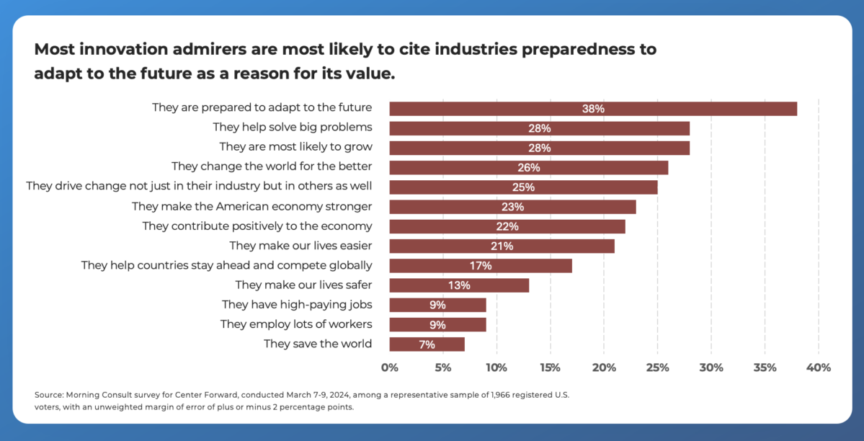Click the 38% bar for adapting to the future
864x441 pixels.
pos(593,109)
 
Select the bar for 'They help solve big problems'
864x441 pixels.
pos(539,128)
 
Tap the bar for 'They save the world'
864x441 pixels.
pos(427,344)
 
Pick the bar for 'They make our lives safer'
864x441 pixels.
pos(459,285)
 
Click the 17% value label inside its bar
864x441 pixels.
pos(481,266)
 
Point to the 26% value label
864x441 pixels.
pos(528,168)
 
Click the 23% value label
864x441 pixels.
pos(512,207)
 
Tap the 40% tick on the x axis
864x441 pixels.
pos(819,367)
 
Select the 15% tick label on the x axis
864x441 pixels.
pos(551,367)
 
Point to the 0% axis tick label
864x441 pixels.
pos(389,367)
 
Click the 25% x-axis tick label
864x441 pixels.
pos(657,367)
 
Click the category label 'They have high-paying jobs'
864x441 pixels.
pos(297,305)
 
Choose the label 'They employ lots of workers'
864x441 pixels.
pos(296,324)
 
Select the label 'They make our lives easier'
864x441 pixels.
pos(300,246)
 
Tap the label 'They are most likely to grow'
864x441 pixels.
pos(295,148)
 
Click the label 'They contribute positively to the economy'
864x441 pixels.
pos(257,226)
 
